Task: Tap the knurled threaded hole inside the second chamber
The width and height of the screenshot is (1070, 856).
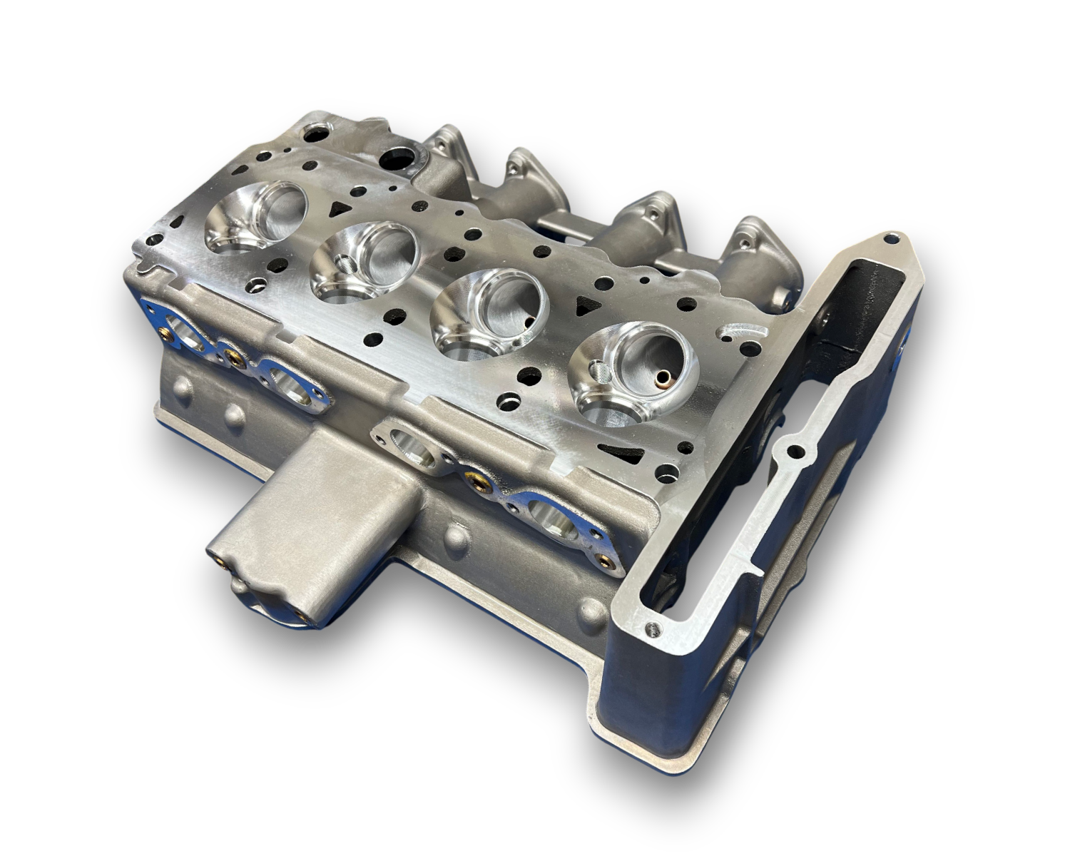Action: [x=347, y=265]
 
